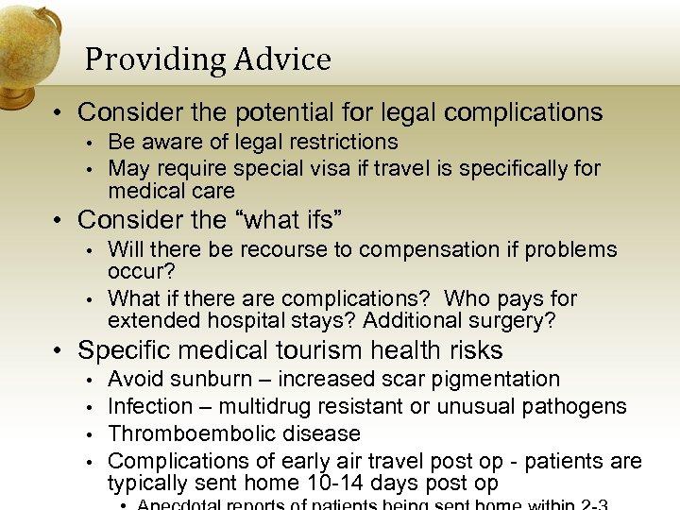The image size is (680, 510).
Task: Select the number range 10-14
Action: coord(321,484)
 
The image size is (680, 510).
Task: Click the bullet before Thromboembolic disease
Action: coord(88,434)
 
